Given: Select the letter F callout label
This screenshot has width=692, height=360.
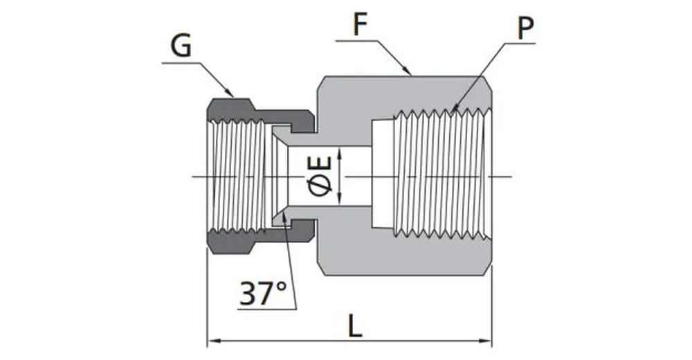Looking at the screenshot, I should (360, 26).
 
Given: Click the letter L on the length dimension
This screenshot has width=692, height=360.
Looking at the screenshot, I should (354, 326).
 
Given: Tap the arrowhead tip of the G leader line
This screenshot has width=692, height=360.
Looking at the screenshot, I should (233, 95).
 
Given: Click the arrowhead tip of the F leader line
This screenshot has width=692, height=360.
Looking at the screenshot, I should (412, 73).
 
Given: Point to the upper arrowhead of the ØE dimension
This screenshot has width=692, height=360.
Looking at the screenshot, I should (339, 150).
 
